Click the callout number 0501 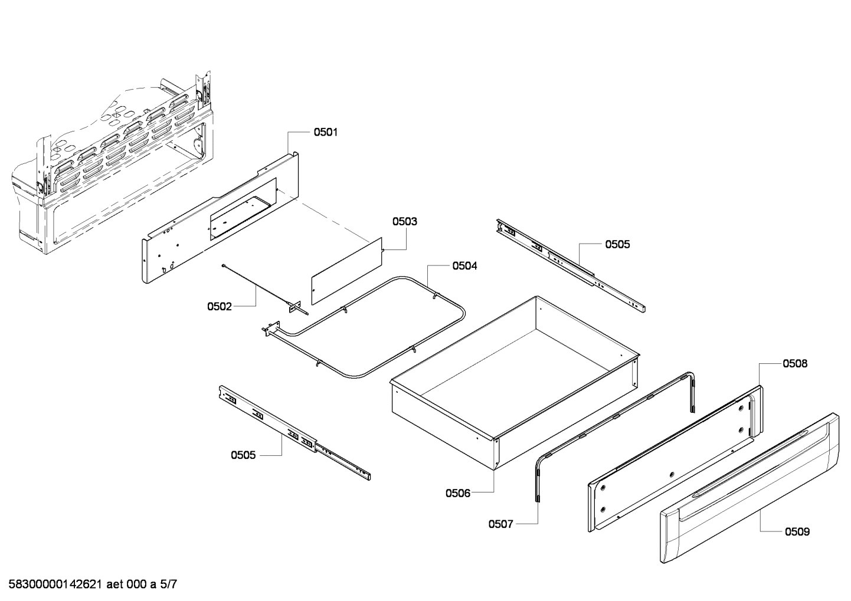click(325, 132)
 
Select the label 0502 click(219, 306)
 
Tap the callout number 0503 click(405, 222)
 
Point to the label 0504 click(465, 266)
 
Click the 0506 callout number click(458, 493)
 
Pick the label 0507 click(500, 524)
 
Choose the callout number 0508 click(795, 364)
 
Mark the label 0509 click(797, 532)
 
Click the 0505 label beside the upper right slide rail click(617, 244)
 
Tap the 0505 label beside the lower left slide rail click(243, 455)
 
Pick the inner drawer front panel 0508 click(673, 460)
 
